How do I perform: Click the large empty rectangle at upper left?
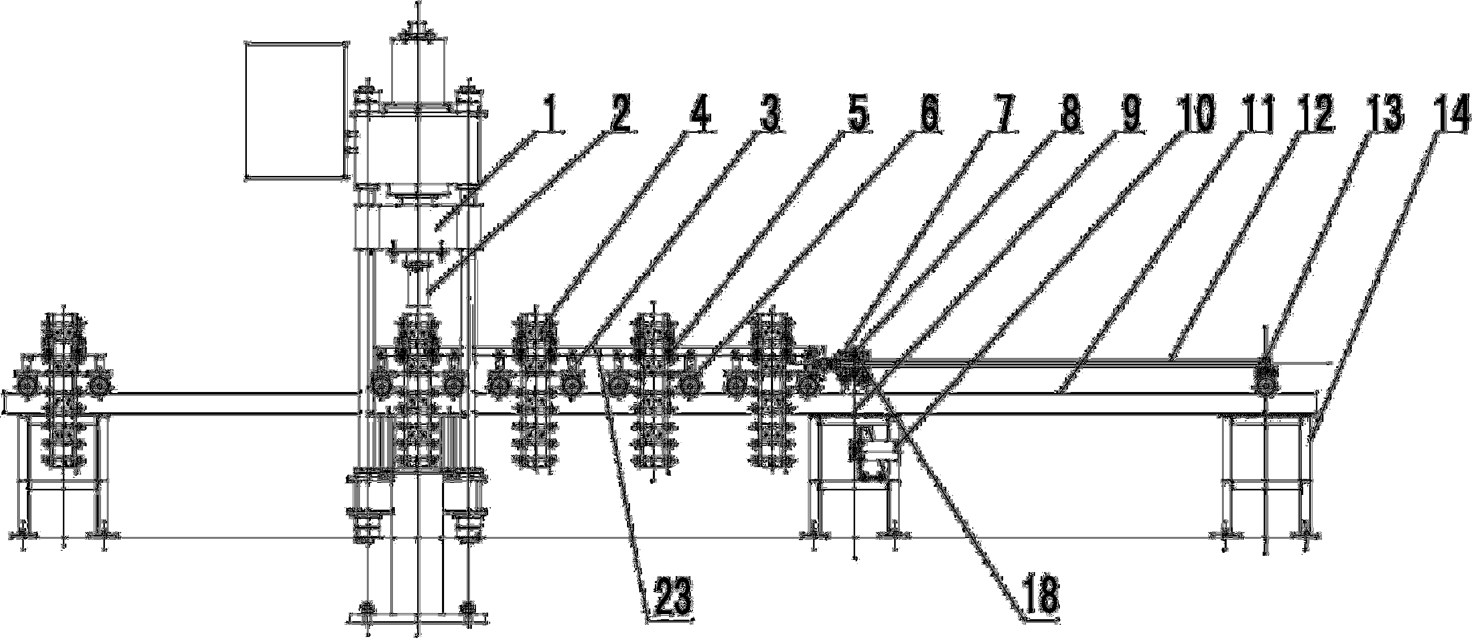[x=296, y=110]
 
